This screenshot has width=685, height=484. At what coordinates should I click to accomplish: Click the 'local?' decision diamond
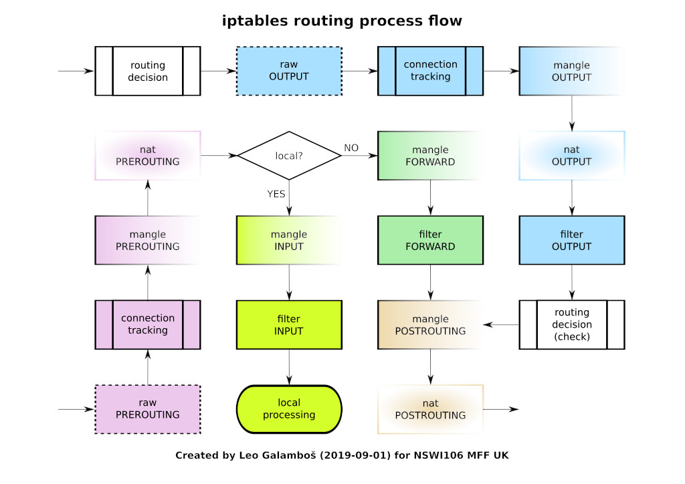289,156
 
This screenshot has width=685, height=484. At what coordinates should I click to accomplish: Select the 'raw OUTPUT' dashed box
289,70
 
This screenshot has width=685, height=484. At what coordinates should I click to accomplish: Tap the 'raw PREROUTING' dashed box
148,409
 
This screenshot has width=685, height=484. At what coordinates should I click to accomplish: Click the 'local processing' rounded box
289,409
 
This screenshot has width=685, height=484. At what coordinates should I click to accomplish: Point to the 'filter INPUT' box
289,325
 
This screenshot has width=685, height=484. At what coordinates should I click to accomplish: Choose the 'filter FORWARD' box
430,240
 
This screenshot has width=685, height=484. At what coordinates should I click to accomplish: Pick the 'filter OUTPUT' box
571,240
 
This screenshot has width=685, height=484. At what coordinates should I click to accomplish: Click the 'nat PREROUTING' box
148,156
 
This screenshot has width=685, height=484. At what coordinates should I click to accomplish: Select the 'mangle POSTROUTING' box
430,325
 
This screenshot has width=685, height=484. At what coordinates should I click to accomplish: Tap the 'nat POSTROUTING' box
430,409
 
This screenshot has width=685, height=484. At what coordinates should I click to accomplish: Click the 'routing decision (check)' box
571,325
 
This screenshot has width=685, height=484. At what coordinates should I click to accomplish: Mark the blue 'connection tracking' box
430,70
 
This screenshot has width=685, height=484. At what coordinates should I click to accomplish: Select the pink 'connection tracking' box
148,325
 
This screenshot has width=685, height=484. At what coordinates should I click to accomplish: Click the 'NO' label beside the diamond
351,147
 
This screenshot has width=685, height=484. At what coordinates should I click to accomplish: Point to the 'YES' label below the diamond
276,194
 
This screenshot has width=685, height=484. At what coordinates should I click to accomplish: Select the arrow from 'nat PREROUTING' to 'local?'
219,156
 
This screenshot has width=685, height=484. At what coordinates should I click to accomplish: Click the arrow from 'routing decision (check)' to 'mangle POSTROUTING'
501,325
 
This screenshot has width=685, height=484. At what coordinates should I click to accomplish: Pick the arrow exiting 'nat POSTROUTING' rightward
500,409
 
